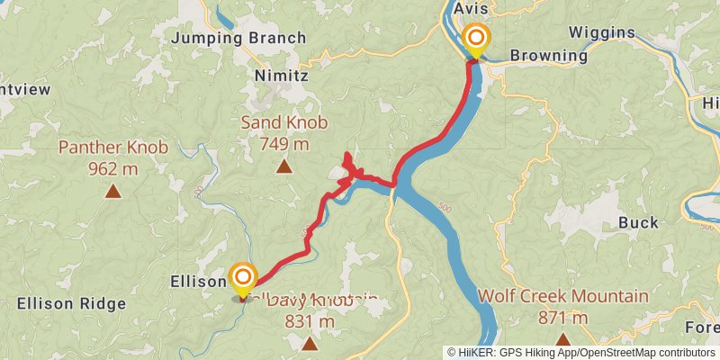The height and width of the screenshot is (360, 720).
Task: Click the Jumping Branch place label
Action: click(x=238, y=38)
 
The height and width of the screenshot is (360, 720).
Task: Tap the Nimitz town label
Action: click(x=281, y=76)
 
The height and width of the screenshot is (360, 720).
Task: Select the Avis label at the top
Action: click(x=470, y=8)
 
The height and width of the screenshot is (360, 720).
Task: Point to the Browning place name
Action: click(x=548, y=55)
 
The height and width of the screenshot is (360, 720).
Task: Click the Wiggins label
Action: click(x=602, y=33)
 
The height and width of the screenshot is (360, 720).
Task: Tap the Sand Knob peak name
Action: click(x=283, y=123)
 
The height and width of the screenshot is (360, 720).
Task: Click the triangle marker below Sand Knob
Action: click(x=283, y=166)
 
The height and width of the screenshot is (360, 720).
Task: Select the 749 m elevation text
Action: click(x=283, y=143)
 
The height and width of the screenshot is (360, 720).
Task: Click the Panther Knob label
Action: click(x=113, y=147)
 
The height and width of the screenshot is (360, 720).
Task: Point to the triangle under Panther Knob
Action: click(x=113, y=190)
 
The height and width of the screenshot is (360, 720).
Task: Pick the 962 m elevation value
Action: click(x=113, y=167)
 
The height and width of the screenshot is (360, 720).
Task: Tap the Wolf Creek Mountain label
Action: click(x=562, y=296)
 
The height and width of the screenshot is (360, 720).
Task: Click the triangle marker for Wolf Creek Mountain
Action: click(x=562, y=339)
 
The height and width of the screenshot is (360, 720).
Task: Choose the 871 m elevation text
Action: click(x=562, y=317)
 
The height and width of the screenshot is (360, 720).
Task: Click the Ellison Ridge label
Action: click(x=71, y=303)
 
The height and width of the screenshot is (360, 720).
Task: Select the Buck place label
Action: click(x=638, y=222)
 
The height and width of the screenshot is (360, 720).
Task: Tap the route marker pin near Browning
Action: click(x=475, y=40)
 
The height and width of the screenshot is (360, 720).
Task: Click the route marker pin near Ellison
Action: click(x=243, y=277)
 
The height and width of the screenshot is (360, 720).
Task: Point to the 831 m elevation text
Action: click(x=310, y=321)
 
